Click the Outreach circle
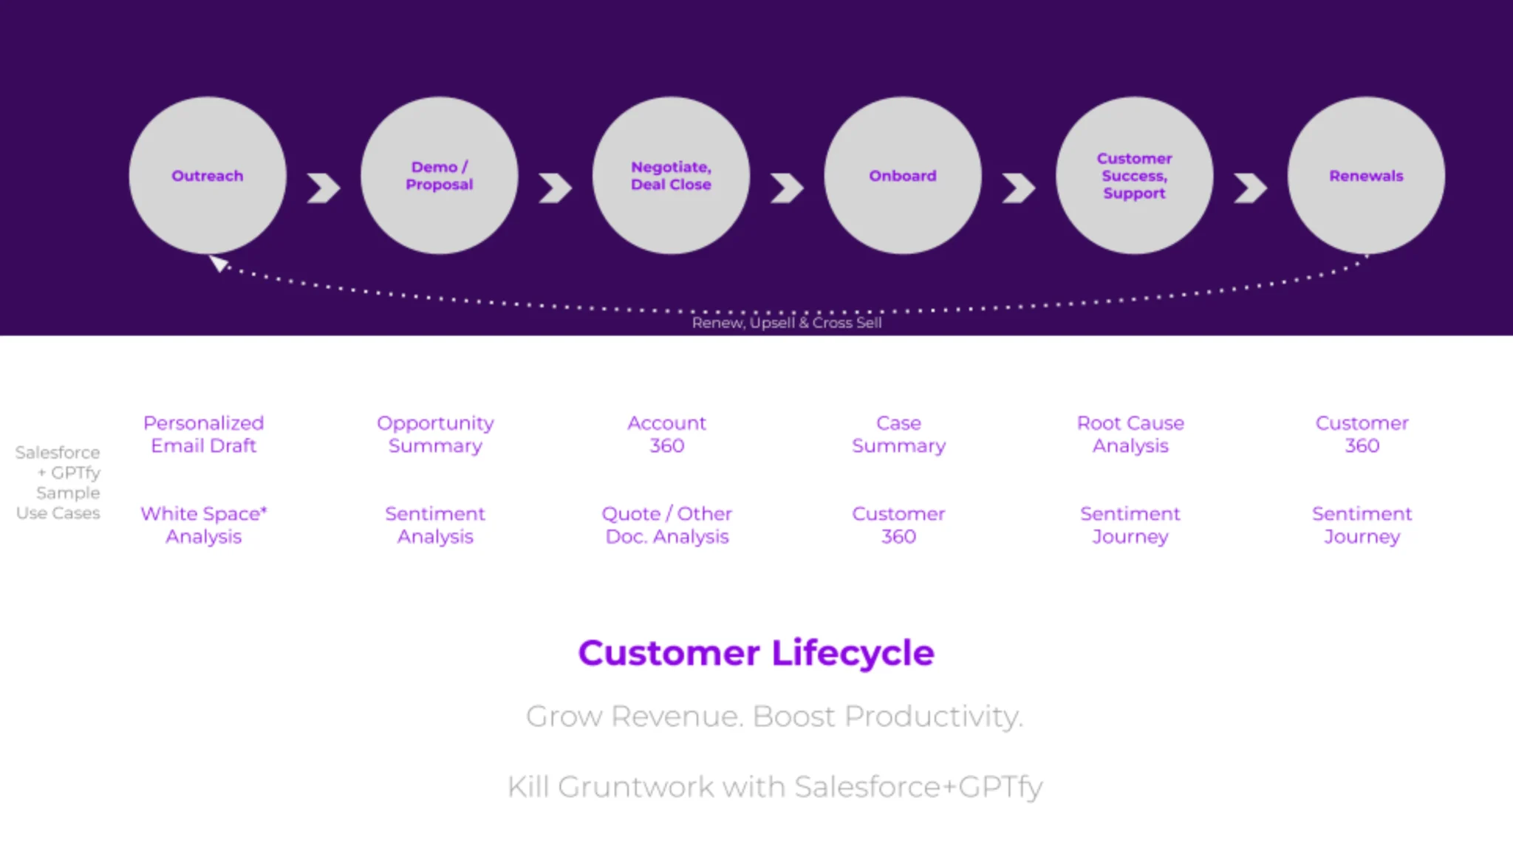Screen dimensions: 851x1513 208,176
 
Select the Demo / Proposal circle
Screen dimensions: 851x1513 439,176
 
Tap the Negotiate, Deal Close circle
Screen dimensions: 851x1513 671,176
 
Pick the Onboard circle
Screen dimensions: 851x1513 903,176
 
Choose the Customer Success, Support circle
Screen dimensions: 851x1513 1134,176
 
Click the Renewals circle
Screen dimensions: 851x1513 1366,176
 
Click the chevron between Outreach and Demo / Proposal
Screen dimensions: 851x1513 324,188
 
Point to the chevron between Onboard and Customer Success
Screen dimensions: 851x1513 1019,188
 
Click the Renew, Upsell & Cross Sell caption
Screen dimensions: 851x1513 787,323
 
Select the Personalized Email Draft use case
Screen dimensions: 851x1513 203,434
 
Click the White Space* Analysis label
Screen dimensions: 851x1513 203,524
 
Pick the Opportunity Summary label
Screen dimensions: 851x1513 435,434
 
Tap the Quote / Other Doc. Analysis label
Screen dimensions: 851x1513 666,524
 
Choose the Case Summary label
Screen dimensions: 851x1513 898,434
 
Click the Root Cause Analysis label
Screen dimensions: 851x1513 1130,434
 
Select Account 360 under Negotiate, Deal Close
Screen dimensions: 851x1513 666,434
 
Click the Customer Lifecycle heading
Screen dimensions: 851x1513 756,653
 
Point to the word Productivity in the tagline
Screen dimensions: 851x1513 934,717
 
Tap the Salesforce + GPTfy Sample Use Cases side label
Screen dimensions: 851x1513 59,482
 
